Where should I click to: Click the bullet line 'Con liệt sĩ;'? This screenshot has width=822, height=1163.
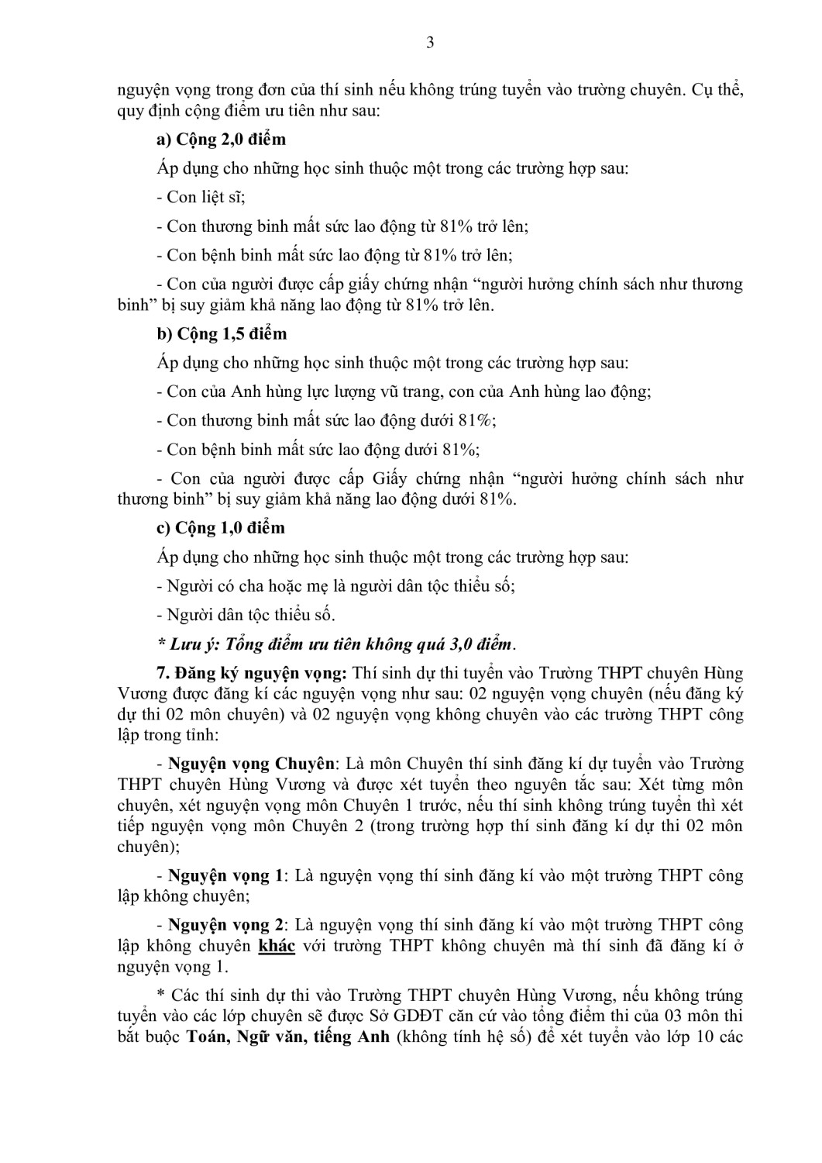point(201,198)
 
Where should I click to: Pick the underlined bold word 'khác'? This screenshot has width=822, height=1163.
point(277,946)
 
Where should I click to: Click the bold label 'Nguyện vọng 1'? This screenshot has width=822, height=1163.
point(225,876)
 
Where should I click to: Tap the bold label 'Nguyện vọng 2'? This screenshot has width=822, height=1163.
point(225,925)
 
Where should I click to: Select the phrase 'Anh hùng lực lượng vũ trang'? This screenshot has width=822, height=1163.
point(336,392)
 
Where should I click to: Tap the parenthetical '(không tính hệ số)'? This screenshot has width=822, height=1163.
point(463,1037)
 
